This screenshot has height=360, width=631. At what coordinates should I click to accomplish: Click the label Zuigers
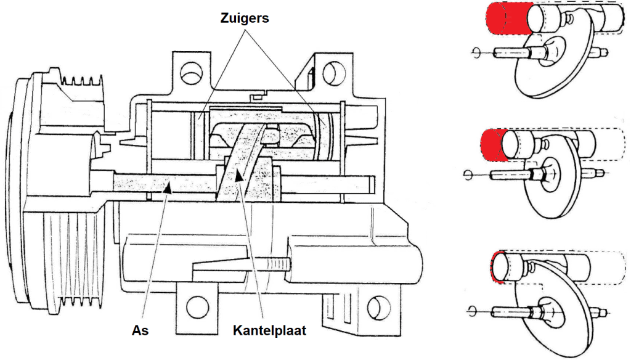(245, 18)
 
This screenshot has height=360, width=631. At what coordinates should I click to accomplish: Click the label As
(140, 331)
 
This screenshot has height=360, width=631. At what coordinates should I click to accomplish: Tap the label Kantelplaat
(269, 331)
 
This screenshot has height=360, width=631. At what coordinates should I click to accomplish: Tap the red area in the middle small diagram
(494, 145)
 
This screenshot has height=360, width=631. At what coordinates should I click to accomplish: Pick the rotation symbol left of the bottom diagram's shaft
(473, 309)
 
